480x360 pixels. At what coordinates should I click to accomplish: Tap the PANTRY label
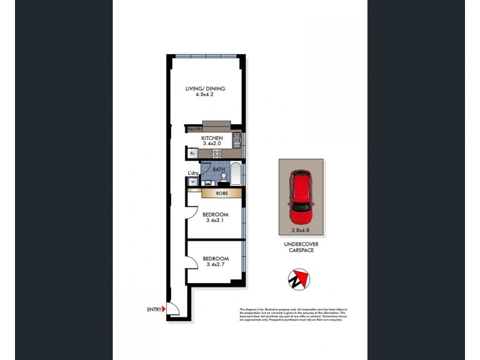[195, 129]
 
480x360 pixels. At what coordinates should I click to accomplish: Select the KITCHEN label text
[212, 138]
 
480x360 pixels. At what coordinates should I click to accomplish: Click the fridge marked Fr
[193, 154]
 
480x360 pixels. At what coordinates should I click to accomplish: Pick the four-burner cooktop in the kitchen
[218, 154]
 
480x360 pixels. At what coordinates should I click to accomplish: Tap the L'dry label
[193, 173]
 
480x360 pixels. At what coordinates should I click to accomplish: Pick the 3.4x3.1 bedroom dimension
[214, 221]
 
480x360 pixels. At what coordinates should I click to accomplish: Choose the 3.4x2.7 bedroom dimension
[214, 264]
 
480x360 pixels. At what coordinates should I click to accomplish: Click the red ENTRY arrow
[163, 310]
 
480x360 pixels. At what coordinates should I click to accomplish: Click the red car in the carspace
[301, 196]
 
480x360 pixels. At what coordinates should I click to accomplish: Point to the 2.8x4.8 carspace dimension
[301, 229]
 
